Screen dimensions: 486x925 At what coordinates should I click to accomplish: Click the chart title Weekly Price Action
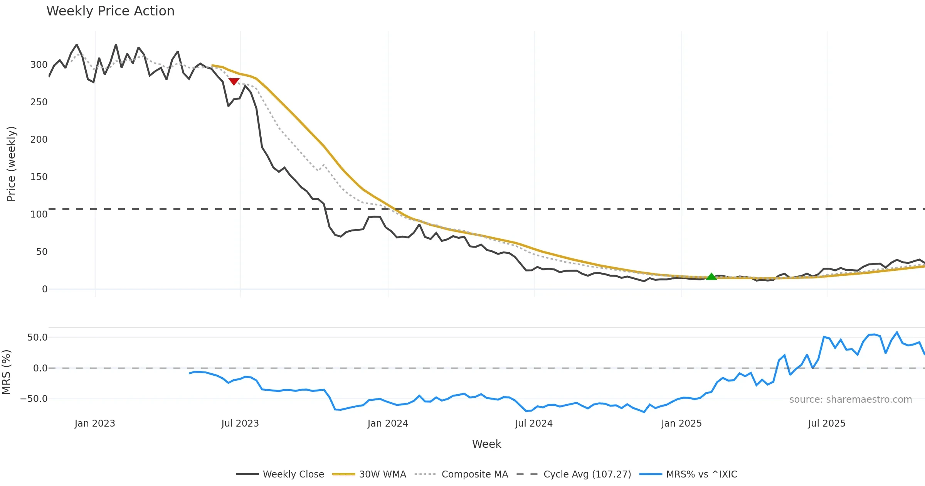[110, 11]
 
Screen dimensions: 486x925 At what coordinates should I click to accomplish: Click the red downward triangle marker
[234, 81]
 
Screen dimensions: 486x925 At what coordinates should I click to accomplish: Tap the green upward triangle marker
[711, 276]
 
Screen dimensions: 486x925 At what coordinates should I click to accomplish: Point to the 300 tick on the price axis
[39, 65]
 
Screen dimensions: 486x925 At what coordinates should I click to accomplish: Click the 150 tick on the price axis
[39, 177]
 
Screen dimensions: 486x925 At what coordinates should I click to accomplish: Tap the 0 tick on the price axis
[45, 289]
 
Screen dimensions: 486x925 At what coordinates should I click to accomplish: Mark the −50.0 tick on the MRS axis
[34, 399]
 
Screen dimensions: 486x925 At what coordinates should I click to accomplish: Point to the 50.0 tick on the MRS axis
[37, 337]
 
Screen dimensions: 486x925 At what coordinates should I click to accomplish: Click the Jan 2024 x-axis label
[387, 424]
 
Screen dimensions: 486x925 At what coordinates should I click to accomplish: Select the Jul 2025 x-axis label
[826, 424]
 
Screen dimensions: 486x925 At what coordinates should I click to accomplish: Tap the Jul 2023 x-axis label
[240, 424]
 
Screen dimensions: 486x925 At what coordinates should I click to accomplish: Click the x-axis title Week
[486, 444]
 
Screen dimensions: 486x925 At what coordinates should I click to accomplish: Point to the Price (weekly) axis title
[11, 164]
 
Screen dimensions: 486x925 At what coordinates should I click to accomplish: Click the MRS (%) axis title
[6, 372]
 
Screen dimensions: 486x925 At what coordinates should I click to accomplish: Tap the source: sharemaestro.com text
[850, 400]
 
